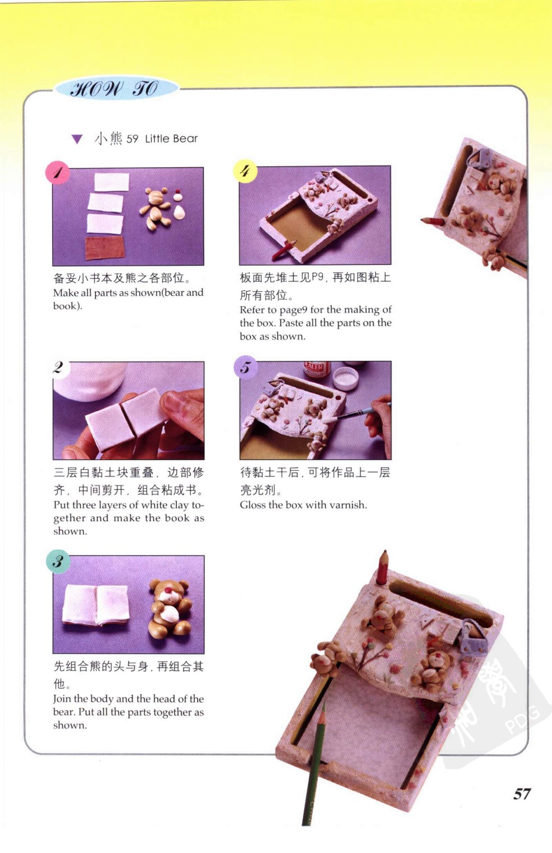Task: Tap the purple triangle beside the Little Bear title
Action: point(77,139)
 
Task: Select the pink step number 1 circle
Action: point(57,172)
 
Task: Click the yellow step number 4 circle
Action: point(245,171)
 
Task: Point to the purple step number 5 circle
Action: point(246,368)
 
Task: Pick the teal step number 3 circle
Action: point(58,561)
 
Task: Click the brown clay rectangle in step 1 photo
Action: point(106,247)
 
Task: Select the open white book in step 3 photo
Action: point(96,606)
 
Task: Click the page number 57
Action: point(522,794)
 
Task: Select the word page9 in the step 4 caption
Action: point(292,310)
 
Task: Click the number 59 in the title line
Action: point(132,139)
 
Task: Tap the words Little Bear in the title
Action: point(171,139)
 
